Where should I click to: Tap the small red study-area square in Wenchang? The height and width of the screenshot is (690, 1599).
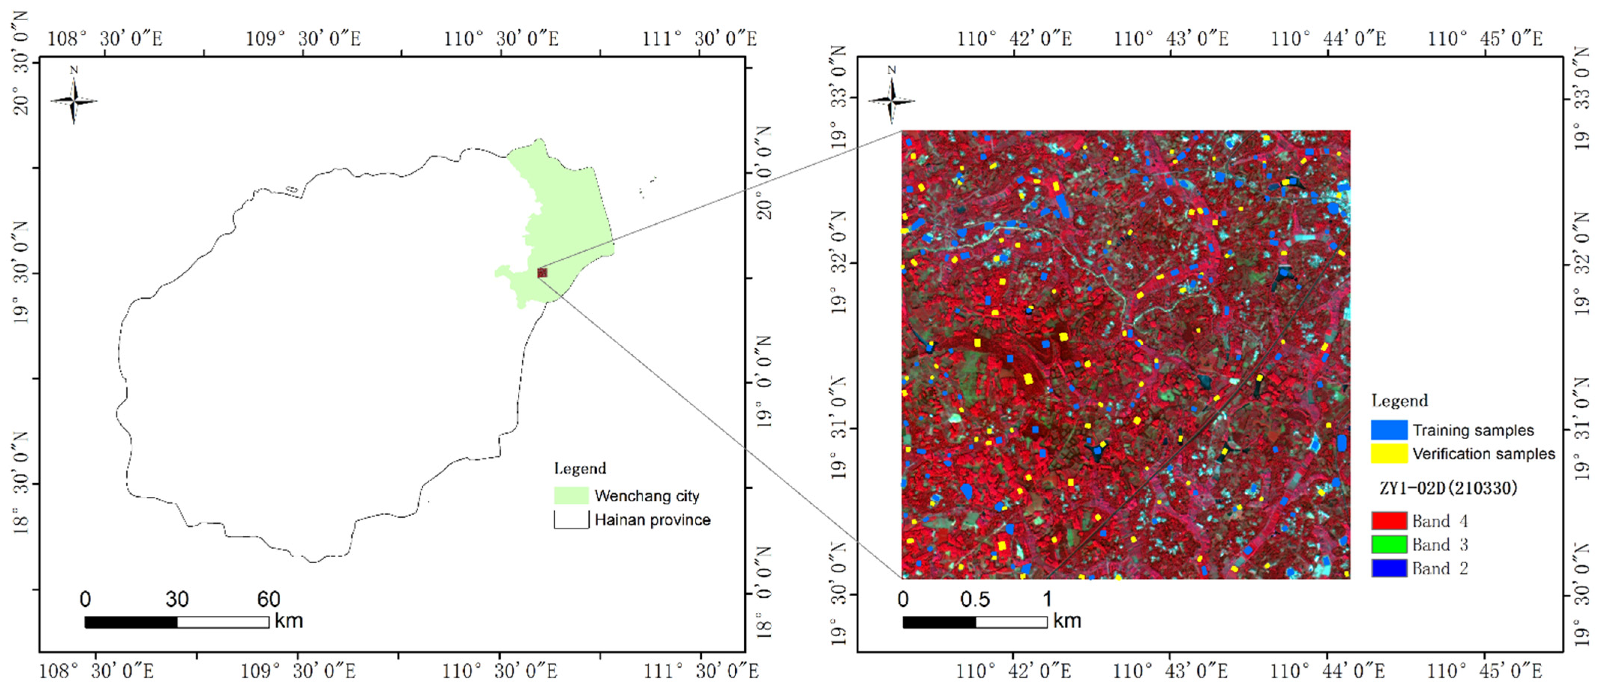coord(542,272)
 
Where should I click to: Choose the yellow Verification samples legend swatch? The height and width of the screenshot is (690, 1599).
coord(1389,454)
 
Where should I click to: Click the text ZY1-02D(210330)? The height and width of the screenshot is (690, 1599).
coord(1447,488)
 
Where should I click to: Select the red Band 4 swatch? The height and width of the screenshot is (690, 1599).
coord(1389,520)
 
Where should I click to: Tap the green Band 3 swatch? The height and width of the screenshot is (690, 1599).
coord(1389,544)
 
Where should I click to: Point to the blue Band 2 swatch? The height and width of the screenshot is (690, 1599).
coord(1389,568)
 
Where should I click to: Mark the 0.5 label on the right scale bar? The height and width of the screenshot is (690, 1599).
coord(975,599)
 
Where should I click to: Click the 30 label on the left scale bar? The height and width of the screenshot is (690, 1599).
coord(177,599)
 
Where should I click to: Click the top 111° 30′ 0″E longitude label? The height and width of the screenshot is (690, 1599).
coord(700,39)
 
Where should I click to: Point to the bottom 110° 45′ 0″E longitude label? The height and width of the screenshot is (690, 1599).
coord(1484,671)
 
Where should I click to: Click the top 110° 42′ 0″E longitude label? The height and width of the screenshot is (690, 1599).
coord(1014,39)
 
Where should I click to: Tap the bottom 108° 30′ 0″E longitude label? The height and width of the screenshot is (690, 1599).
coord(96,671)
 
